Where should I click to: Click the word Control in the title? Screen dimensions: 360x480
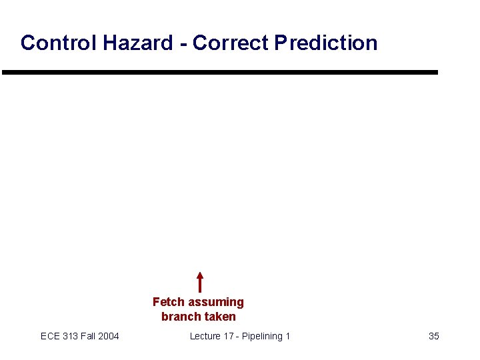[59, 43]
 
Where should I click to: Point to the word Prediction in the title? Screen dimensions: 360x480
[326, 43]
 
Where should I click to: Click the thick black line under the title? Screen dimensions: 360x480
[220, 72]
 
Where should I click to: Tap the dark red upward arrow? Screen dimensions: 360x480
[200, 282]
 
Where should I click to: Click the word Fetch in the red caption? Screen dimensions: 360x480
[168, 302]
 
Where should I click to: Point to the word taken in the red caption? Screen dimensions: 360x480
[220, 317]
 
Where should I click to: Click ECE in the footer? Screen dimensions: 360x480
[50, 336]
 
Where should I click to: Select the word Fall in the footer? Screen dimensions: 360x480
[89, 336]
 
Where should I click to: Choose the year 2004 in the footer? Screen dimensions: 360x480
[109, 336]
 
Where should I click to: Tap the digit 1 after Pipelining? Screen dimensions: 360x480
[288, 336]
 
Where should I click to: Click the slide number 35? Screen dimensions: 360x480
[433, 336]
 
